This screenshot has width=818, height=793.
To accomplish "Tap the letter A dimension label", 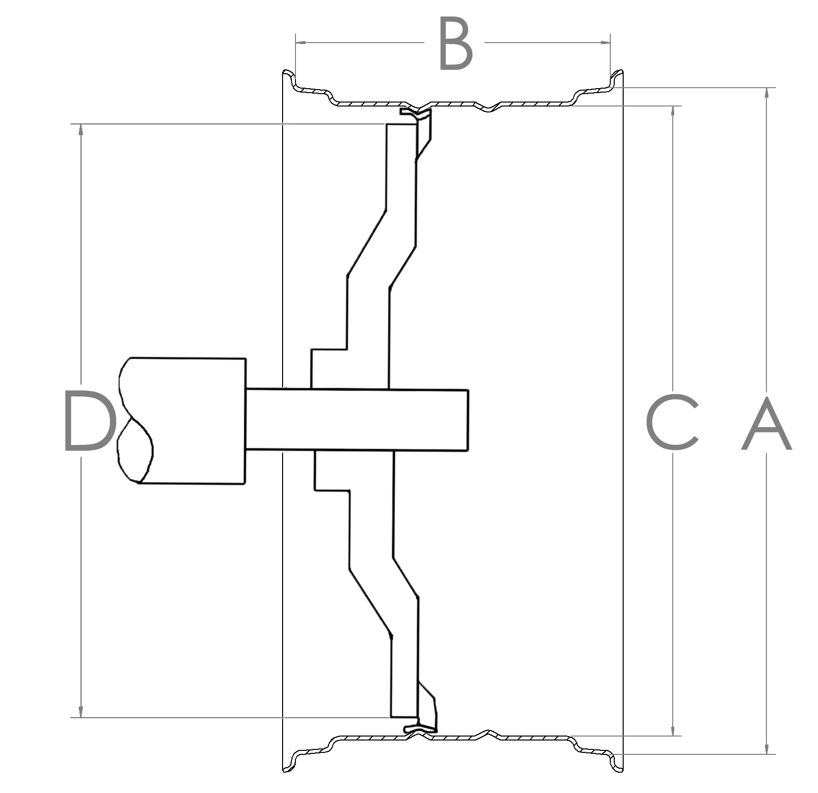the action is [x=766, y=423].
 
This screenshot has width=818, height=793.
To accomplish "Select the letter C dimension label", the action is [x=672, y=424].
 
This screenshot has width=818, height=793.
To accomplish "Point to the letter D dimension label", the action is [x=90, y=421].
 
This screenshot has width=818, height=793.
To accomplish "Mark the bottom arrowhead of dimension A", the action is [x=767, y=748].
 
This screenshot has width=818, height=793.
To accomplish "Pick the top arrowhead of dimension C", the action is [x=673, y=111].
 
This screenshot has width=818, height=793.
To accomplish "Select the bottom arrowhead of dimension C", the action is [x=673, y=730].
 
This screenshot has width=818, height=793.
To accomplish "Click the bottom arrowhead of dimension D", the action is [x=81, y=712].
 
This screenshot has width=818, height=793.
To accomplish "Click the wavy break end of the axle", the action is [x=134, y=420].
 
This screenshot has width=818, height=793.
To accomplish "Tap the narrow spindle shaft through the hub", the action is [x=357, y=420].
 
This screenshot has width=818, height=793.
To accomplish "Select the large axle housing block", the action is [x=181, y=420].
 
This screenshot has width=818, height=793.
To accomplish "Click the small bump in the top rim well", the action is [x=488, y=107].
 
